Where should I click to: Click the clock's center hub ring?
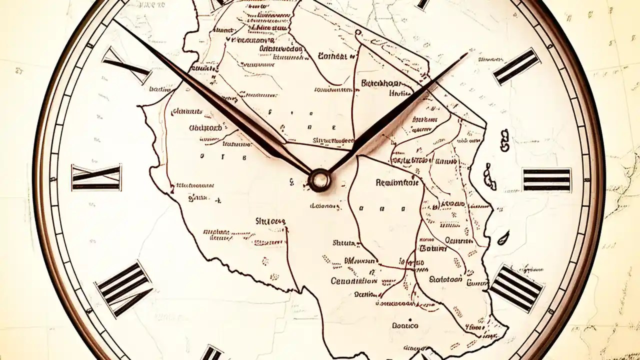[319, 179]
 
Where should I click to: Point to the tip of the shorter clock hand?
[467, 53]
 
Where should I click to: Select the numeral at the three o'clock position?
[546, 180]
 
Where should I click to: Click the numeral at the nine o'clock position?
[96, 178]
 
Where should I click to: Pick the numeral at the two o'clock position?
[516, 66]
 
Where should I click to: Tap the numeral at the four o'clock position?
[516, 288]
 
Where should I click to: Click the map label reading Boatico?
[405, 325]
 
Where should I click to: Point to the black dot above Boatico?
[410, 318]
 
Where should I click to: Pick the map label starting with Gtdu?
[205, 127]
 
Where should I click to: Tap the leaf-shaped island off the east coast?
[503, 237]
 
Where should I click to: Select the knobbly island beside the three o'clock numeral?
[489, 176]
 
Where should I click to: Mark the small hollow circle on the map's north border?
[357, 32]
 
